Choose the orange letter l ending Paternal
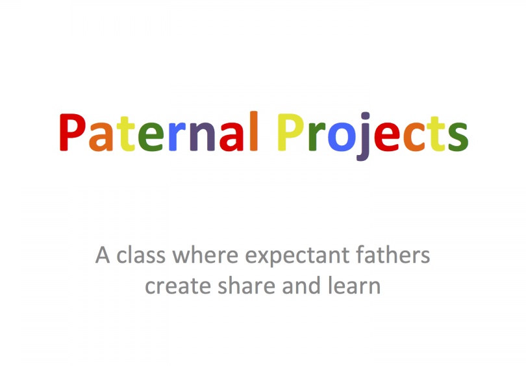[x=254, y=131]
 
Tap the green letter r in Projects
[x=317, y=137]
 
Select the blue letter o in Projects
[x=341, y=137]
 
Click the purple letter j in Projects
[x=363, y=136]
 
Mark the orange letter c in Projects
[x=414, y=137]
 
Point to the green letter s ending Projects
[x=458, y=137]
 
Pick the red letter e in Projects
[x=387, y=137]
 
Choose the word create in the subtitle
[x=178, y=286]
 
